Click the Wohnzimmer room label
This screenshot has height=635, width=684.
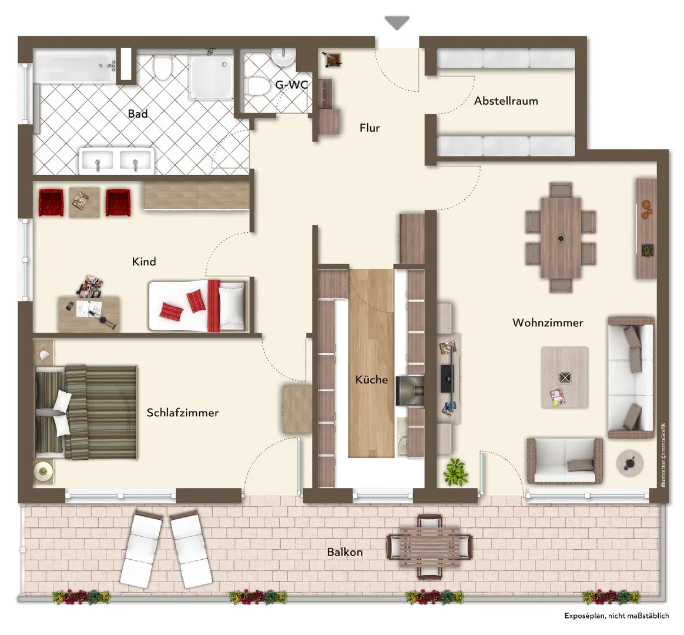pyautogui.click(x=548, y=323)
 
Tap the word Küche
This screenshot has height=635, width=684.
pyautogui.click(x=371, y=379)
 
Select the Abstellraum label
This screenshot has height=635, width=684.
pyautogui.click(x=506, y=101)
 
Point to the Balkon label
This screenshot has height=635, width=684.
pyautogui.click(x=344, y=552)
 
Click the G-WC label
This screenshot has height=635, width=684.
pyautogui.click(x=291, y=84)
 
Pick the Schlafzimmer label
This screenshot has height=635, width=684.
pyautogui.click(x=182, y=412)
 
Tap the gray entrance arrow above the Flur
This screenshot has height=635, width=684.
pyautogui.click(x=397, y=23)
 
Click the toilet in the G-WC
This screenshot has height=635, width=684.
pyautogui.click(x=258, y=86)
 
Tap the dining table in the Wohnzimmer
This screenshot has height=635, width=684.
pyautogui.click(x=561, y=238)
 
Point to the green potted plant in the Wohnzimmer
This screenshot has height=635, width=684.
pyautogui.click(x=455, y=472)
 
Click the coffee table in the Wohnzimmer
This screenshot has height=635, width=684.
pyautogui.click(x=565, y=377)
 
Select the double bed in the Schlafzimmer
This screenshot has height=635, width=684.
pyautogui.click(x=86, y=412)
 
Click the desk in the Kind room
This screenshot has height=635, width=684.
pyautogui.click(x=89, y=313)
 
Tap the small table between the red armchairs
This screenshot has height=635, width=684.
pyautogui.click(x=84, y=202)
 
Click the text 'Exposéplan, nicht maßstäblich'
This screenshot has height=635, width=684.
pyautogui.click(x=616, y=616)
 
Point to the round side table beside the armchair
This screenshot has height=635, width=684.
pyautogui.click(x=629, y=463)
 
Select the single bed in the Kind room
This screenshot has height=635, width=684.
pyautogui.click(x=197, y=306)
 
